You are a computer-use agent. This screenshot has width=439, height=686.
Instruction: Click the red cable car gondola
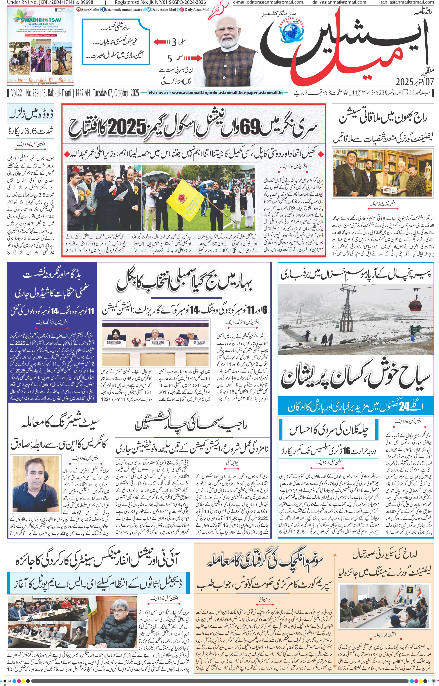pyautogui.click(x=415, y=306)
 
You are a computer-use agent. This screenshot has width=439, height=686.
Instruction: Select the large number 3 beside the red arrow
pyautogui.click(x=174, y=42)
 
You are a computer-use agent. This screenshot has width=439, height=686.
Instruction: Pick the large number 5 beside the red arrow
pyautogui.click(x=170, y=59)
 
